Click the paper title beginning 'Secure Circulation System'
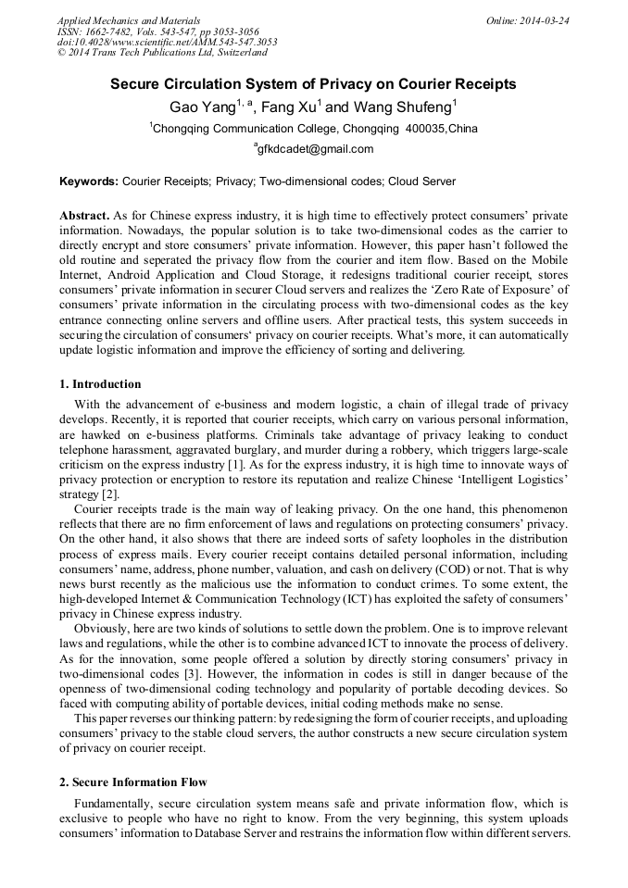[x=313, y=84]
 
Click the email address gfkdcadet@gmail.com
[x=315, y=149]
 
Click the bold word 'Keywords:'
[x=89, y=181]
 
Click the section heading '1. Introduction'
[x=100, y=384]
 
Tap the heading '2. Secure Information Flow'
[x=133, y=782]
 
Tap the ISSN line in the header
[x=158, y=31]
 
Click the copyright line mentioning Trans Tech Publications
[x=162, y=54]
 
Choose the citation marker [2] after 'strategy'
[x=111, y=494]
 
